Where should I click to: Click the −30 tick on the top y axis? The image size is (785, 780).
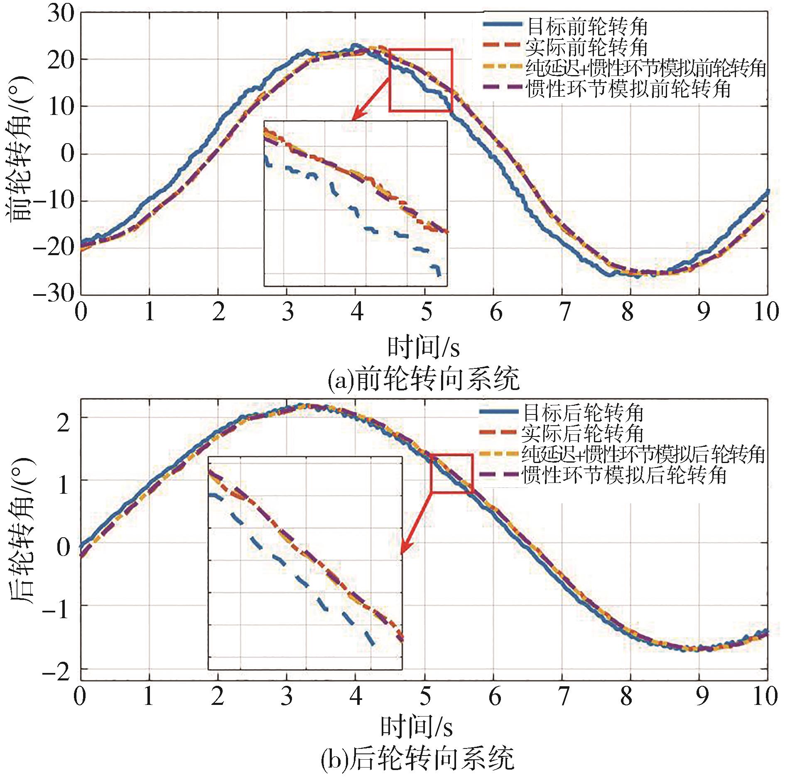pyautogui.click(x=54, y=294)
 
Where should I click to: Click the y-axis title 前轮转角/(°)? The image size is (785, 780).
pyautogui.click(x=20, y=148)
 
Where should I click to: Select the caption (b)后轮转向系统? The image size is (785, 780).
pyautogui.click(x=417, y=759)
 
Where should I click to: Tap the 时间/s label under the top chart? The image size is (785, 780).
pyautogui.click(x=423, y=348)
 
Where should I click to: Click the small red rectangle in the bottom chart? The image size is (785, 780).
pyautogui.click(x=452, y=473)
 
